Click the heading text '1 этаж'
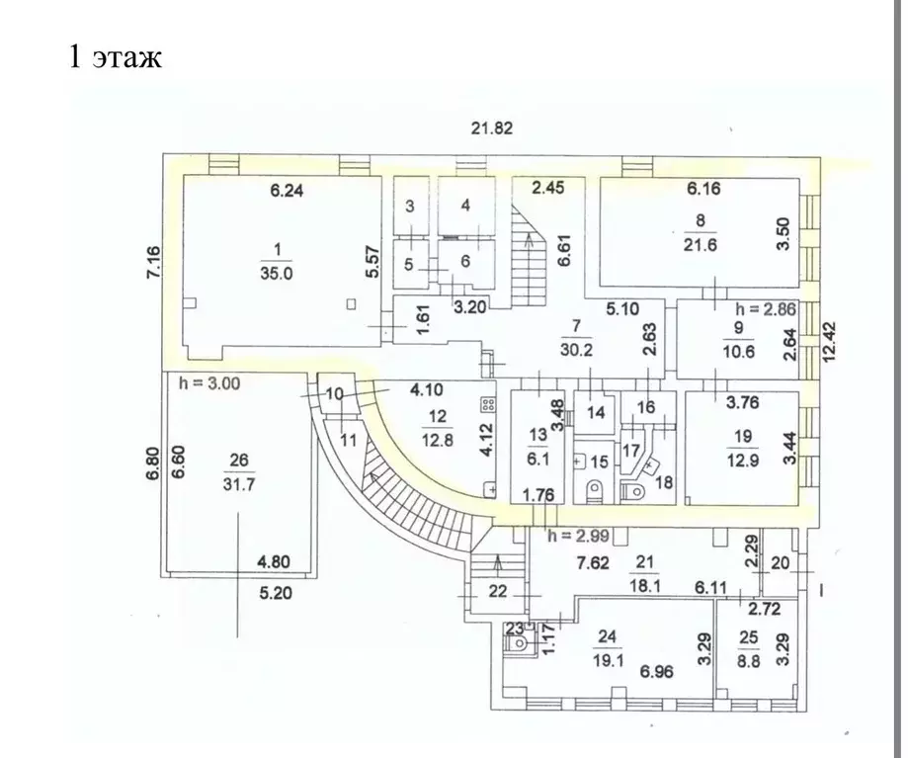[x=114, y=56]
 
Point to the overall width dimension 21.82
[x=491, y=127]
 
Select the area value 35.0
[x=278, y=276]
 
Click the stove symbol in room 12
[x=487, y=404]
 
